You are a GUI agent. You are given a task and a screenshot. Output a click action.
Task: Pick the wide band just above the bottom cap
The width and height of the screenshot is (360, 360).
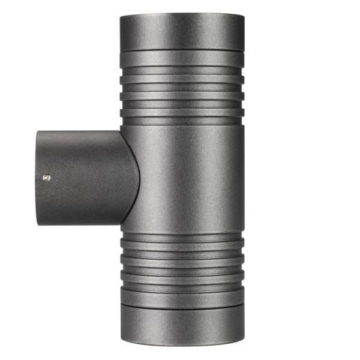[181, 296]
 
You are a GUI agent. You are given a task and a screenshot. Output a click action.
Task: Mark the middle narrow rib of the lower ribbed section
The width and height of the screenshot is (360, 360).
[181, 262]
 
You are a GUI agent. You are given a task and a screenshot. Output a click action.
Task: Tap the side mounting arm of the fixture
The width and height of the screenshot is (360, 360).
[78, 177]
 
